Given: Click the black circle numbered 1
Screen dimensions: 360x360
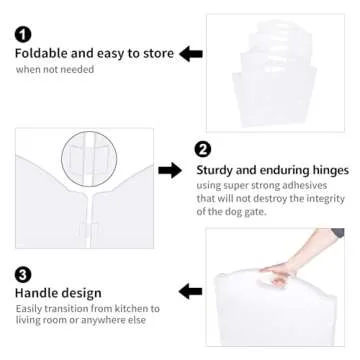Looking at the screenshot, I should point(23,34).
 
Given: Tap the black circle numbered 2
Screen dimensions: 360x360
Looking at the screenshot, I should point(203,150).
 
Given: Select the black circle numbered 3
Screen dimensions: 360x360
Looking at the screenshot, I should point(22,273).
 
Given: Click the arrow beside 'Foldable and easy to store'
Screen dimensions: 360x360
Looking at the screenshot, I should point(191,53).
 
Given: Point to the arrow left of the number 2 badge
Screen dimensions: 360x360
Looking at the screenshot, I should point(170,171).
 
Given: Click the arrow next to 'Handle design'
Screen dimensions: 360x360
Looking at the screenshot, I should point(190,291).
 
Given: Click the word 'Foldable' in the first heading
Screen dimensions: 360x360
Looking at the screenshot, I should point(41,53).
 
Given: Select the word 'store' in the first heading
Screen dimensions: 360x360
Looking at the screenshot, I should point(156,53).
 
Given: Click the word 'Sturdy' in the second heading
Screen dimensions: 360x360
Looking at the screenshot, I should point(219,171).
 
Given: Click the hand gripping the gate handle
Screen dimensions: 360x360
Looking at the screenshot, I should point(276,273).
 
